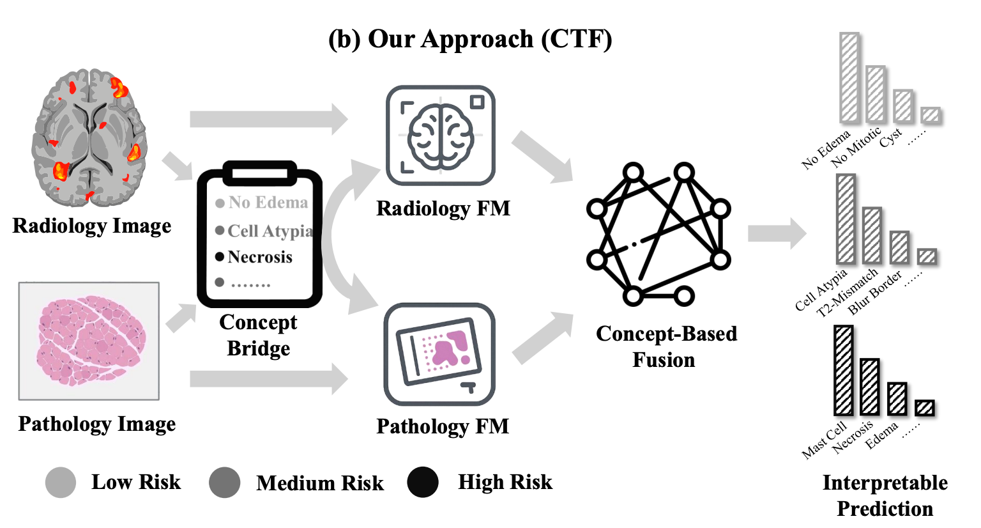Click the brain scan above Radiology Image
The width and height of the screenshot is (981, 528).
(x=89, y=137)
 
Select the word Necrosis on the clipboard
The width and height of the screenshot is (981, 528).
(x=260, y=257)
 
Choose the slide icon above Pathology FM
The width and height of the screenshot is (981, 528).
(x=439, y=353)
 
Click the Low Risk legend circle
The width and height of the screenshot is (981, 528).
(x=61, y=483)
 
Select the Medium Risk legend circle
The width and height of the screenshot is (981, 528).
(x=225, y=483)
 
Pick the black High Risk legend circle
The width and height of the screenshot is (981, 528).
(x=423, y=483)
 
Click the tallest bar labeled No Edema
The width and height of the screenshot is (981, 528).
(x=849, y=78)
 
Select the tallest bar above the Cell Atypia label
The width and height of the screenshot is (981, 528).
(x=846, y=219)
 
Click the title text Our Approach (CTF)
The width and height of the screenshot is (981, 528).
(x=470, y=39)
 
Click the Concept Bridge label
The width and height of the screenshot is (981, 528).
(x=258, y=335)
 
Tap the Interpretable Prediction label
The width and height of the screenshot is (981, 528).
(x=885, y=495)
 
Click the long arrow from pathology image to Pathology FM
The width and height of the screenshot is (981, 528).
(x=268, y=379)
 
